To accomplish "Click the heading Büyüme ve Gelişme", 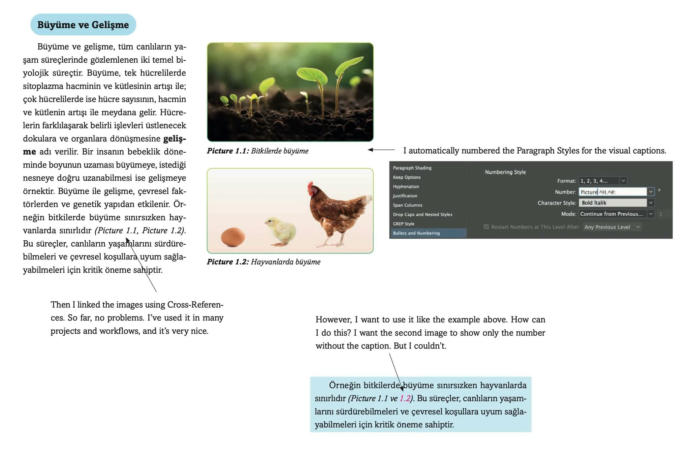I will (x=83, y=25).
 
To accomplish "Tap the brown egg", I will (x=233, y=237).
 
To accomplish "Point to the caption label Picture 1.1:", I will (x=228, y=151).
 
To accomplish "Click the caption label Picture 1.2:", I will (x=228, y=262).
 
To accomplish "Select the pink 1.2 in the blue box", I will (x=405, y=398).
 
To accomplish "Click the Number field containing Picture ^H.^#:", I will (x=613, y=192).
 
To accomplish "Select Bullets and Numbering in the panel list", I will (x=416, y=233).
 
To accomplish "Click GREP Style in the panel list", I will (x=403, y=224).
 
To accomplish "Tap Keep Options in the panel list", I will (x=406, y=177).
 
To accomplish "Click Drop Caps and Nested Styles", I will (x=422, y=214).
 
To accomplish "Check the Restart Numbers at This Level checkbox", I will (x=486, y=227).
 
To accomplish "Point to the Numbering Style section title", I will (x=505, y=172).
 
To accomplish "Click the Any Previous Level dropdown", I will (x=612, y=227).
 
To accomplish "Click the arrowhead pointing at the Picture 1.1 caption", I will (x=370, y=150).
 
